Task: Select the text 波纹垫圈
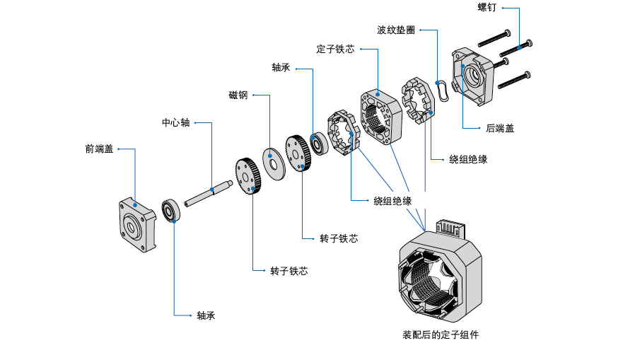pos(395,30)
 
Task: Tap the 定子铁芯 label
pos(335,50)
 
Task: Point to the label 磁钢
pos(238,95)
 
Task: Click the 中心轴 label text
pos(175,122)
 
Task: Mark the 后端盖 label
pos(499,128)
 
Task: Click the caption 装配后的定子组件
pos(440,335)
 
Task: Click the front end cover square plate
pos(135,225)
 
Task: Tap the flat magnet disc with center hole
pos(272,159)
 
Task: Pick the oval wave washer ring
pos(443,91)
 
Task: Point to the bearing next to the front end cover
pos(170,211)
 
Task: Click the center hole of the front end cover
pos(131,228)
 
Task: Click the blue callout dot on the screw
pos(520,47)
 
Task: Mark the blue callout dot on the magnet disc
pos(271,161)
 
